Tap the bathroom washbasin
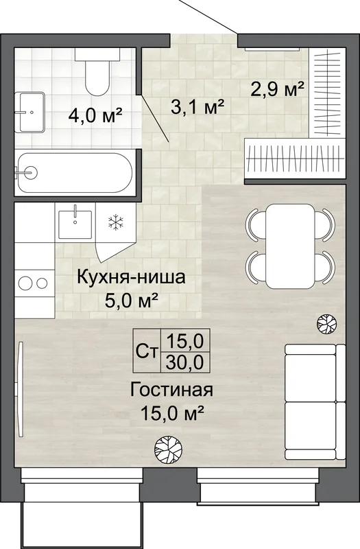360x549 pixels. click(29, 112)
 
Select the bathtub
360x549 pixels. click(74, 173)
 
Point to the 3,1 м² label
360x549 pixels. click(197, 107)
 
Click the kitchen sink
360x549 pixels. click(75, 224)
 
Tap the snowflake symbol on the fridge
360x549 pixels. click(115, 222)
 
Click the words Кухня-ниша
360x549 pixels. click(131, 278)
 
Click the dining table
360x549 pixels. click(290, 246)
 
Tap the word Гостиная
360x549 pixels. click(171, 390)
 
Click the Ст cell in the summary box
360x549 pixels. click(147, 351)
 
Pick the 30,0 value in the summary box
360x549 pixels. click(185, 362)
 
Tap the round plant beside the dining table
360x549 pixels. click(327, 323)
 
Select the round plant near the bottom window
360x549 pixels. click(168, 449)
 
